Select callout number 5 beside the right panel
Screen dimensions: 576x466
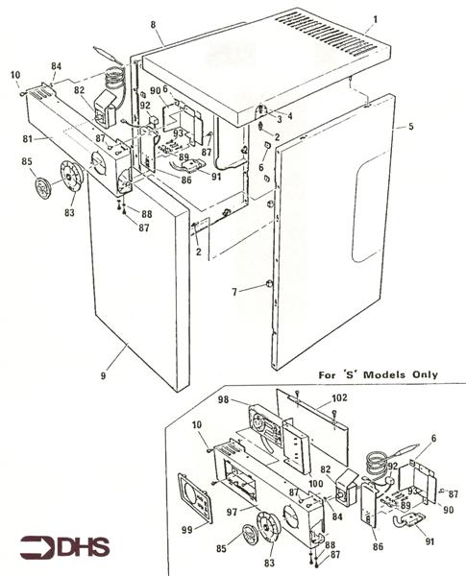click(x=410, y=127)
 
